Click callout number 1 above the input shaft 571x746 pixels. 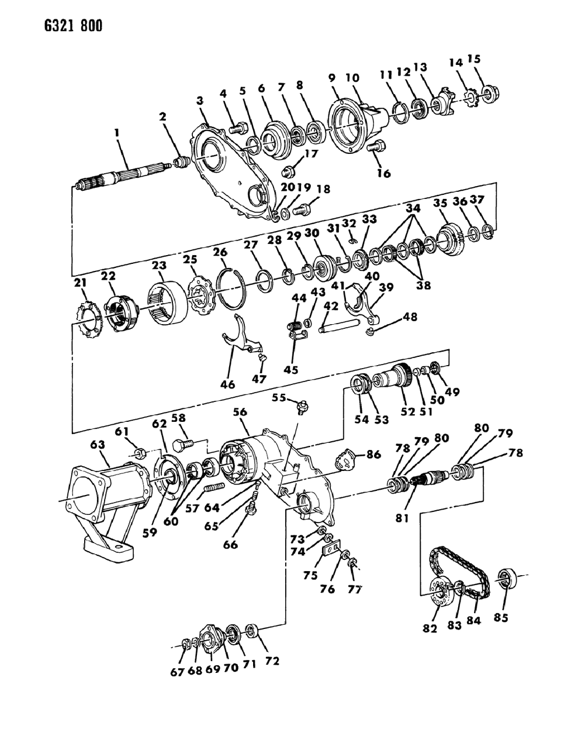pyautogui.click(x=117, y=134)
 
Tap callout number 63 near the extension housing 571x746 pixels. pyautogui.click(x=97, y=446)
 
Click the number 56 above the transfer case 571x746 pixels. pyautogui.click(x=240, y=412)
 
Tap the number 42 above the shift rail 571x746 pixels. pyautogui.click(x=331, y=306)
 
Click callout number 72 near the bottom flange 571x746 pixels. pyautogui.click(x=272, y=662)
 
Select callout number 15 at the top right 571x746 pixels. pyautogui.click(x=474, y=59)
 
